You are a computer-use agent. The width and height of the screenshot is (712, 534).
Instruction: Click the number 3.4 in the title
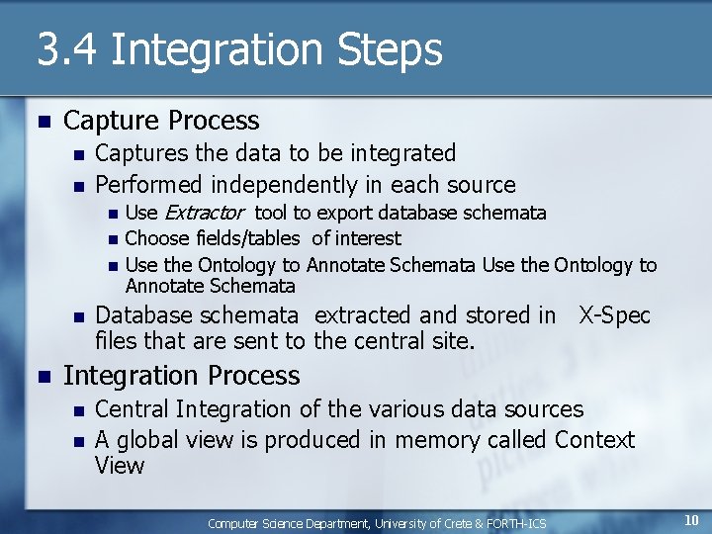[x=67, y=50]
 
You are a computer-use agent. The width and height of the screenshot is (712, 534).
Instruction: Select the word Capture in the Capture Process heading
[x=112, y=121]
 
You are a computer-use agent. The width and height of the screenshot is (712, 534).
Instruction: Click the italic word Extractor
[x=204, y=213]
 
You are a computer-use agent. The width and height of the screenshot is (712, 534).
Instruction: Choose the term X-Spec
[x=614, y=315]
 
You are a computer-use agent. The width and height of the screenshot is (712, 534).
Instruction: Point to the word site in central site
[x=454, y=342]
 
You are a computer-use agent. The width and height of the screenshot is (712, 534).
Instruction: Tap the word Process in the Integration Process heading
[x=252, y=376]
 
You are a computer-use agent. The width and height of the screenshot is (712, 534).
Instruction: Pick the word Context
[x=594, y=439]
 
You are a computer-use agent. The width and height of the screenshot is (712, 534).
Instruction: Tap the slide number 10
[x=691, y=521]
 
